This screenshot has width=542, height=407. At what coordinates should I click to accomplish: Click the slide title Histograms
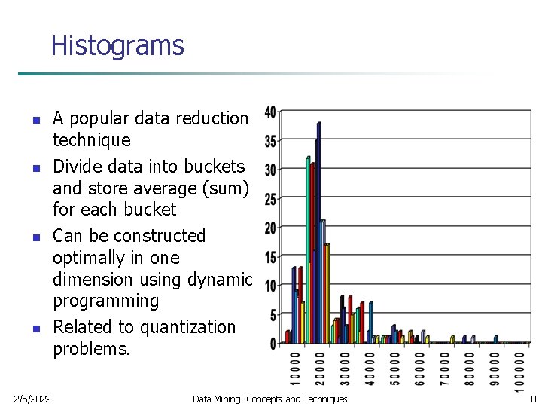point(117,46)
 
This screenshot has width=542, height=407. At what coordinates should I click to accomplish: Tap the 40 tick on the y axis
point(269,112)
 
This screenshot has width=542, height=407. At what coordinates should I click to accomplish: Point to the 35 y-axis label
point(269,141)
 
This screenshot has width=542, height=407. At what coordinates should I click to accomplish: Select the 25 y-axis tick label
point(269,199)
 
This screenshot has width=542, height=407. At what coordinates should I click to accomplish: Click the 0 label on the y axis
point(273,344)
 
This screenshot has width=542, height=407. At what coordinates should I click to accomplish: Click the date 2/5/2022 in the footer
point(32,399)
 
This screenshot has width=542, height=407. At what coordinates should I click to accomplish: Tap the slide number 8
point(533,399)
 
